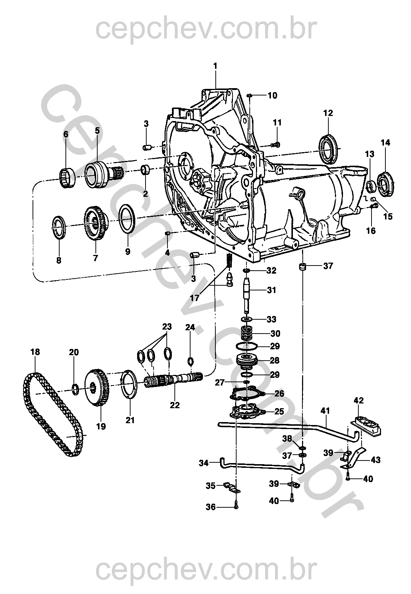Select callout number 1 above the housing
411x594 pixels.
coord(215,66)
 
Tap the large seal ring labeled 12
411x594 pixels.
coord(328,149)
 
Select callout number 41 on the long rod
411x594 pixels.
coord(325,411)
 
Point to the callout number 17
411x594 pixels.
coord(195,298)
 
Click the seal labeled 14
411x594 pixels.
coord(386,184)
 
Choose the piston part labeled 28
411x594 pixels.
coord(246,361)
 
